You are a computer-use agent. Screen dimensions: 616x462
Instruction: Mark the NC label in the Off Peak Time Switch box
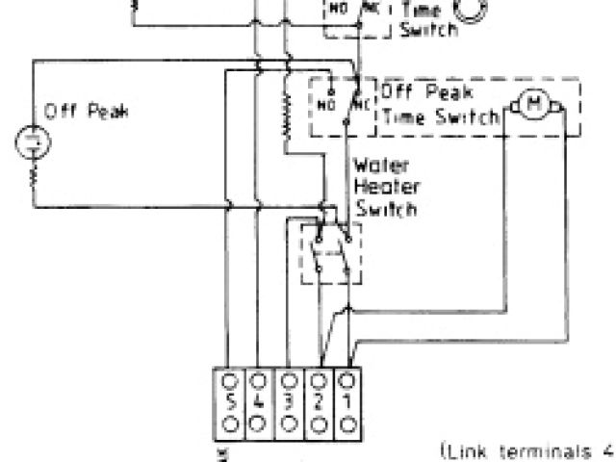click(359, 100)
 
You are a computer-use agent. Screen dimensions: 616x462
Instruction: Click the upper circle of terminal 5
click(230, 378)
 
